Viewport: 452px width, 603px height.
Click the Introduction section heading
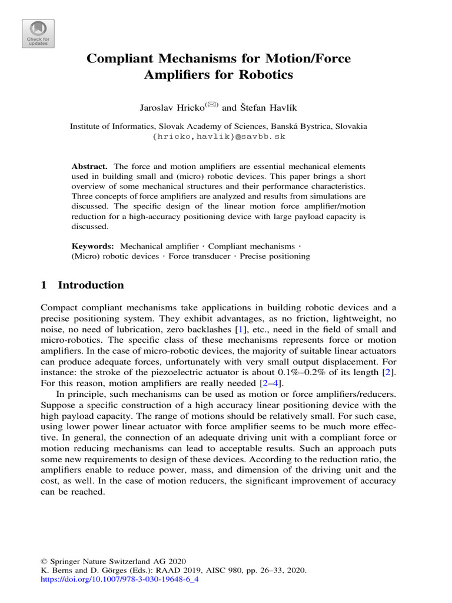[x=91, y=285]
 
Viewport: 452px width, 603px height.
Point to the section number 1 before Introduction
[x=44, y=285]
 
